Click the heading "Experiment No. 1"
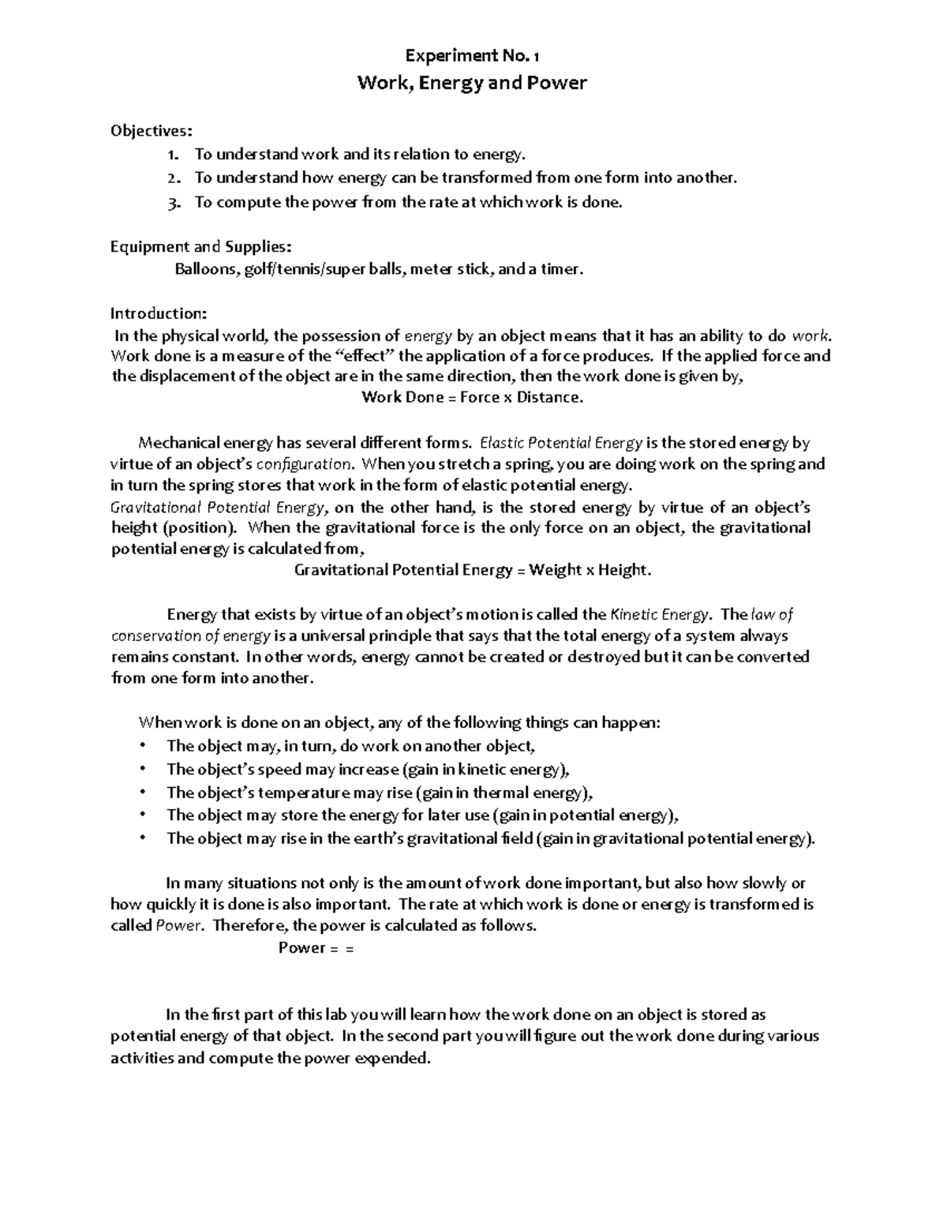coord(472,56)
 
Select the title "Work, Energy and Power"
coord(472,83)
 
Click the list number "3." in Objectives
coord(174,202)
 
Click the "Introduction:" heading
coord(158,313)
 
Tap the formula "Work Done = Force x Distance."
coord(472,397)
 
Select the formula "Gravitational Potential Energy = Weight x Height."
coord(473,570)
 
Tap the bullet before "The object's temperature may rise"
coord(142,791)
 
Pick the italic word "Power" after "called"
coord(178,926)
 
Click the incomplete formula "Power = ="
coord(316,948)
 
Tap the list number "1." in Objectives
coord(174,155)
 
